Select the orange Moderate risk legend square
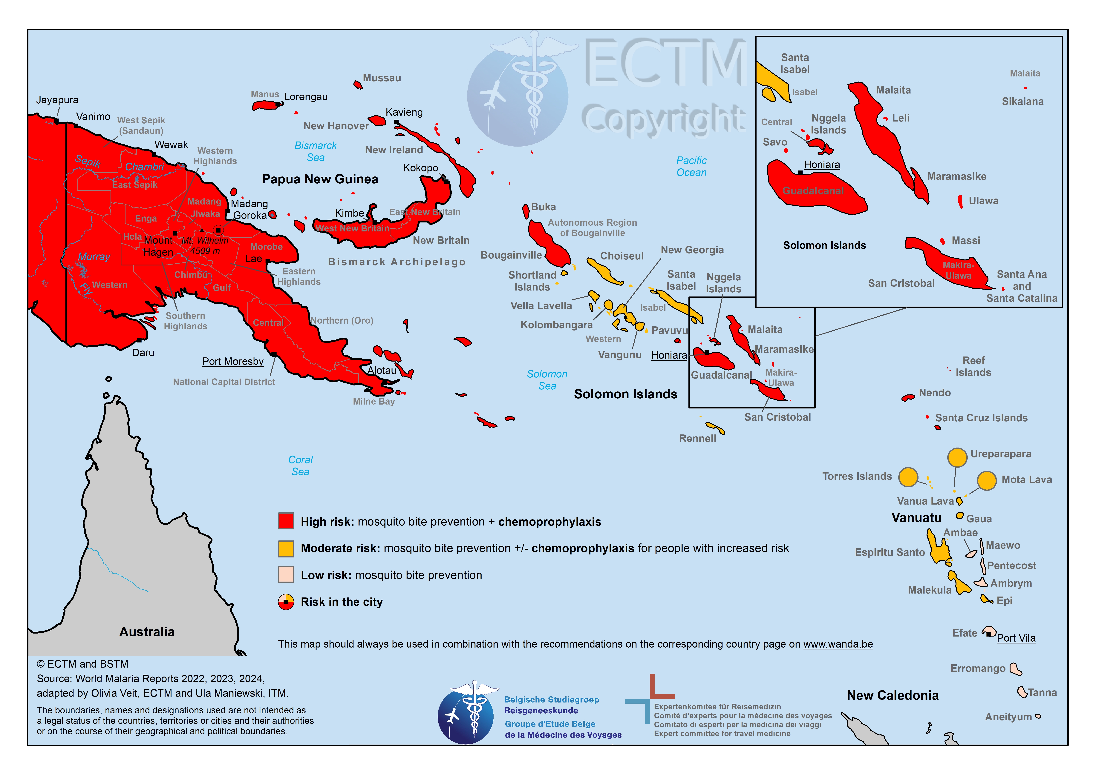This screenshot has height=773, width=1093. (286, 548)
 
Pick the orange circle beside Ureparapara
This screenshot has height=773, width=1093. (957, 457)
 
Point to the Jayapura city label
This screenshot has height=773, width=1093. (57, 100)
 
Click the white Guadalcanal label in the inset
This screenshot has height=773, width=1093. (813, 191)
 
